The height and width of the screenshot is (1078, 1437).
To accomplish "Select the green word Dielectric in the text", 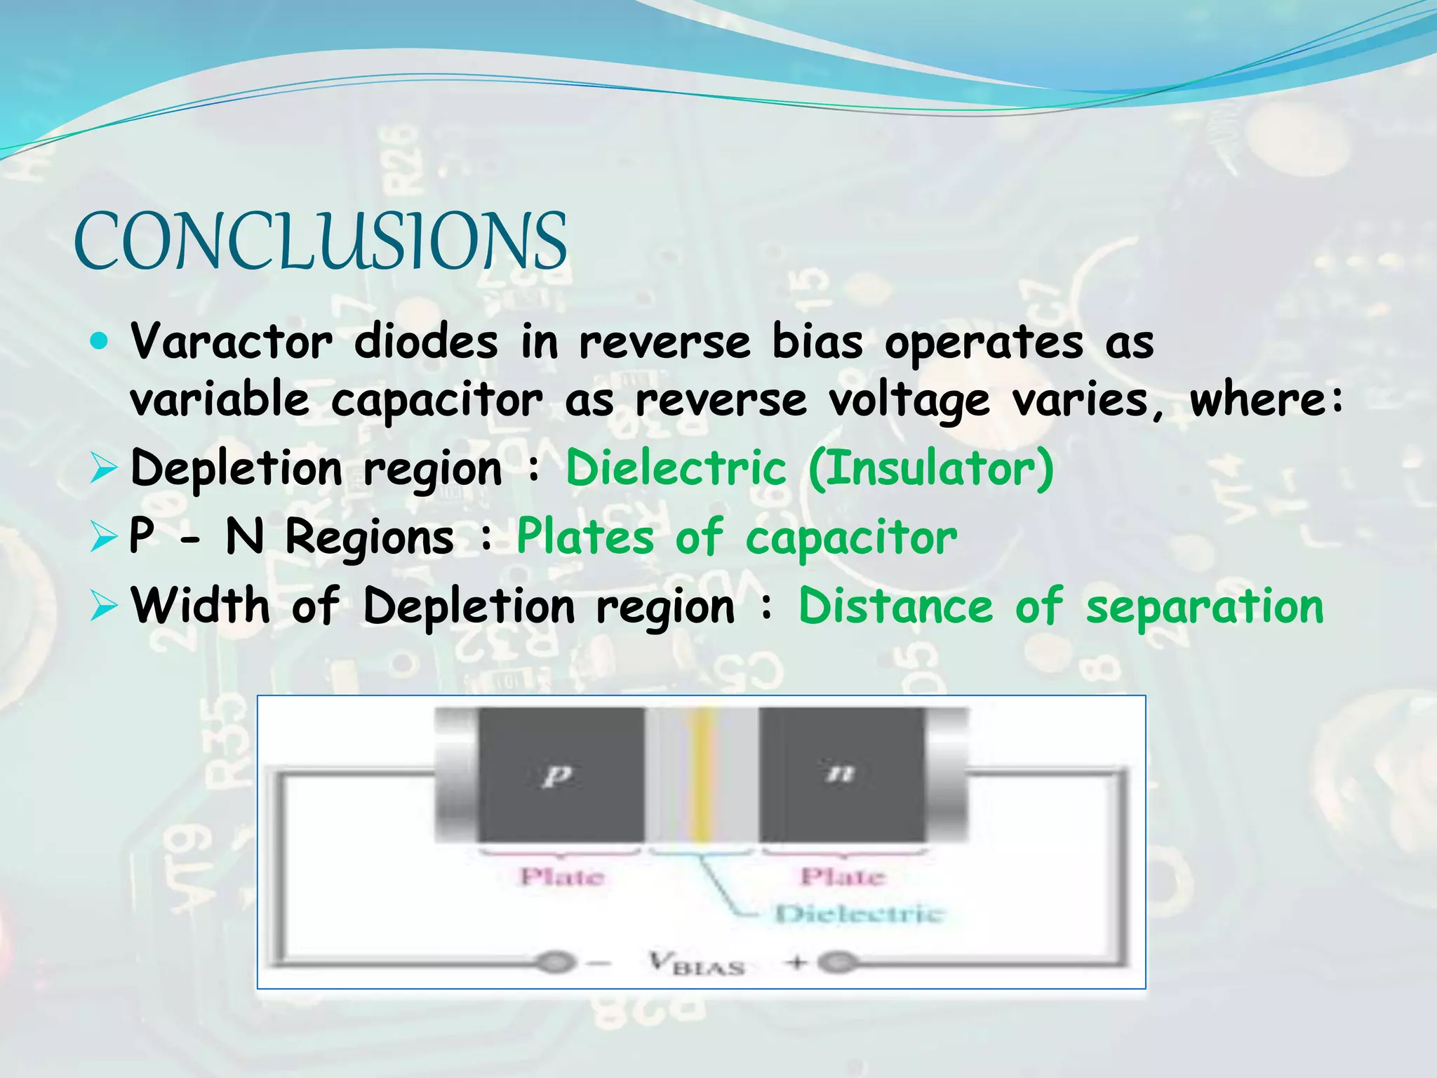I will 676,468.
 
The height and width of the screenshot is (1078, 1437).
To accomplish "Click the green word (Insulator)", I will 931,468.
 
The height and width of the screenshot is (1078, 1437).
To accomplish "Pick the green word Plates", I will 585,537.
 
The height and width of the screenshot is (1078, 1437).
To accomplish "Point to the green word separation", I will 1204,606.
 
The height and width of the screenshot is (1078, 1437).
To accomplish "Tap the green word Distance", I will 896,605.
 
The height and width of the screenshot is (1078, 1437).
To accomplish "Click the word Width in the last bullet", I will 201,605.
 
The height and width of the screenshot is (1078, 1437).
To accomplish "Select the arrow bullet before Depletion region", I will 102,469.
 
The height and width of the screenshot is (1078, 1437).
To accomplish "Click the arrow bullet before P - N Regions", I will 102,538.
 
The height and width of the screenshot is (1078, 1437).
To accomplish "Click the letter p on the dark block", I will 558,775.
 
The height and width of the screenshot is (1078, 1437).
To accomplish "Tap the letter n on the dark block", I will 840,773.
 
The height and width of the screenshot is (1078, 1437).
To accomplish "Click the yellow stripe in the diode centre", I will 700,775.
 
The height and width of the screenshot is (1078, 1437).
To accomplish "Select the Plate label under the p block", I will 561,877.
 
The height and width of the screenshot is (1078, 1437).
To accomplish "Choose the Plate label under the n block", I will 843,877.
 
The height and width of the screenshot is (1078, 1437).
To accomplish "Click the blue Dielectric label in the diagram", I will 860,914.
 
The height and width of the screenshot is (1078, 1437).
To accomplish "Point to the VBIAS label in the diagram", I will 695,963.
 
